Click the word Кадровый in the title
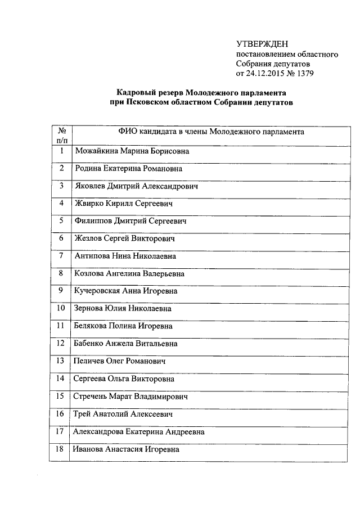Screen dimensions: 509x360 click(135, 92)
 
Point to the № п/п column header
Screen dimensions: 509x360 click(61, 136)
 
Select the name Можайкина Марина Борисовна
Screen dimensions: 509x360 click(132, 151)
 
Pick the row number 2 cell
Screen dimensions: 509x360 click(61, 168)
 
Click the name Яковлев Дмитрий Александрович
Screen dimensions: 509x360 click(136, 186)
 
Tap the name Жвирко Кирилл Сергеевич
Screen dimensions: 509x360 click(123, 204)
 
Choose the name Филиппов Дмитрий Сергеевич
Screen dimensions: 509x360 click(130, 221)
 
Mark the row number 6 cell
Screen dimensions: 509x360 click(61, 238)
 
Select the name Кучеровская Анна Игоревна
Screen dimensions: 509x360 click(126, 291)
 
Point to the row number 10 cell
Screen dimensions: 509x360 click(61, 308)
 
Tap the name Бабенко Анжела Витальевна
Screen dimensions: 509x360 click(126, 343)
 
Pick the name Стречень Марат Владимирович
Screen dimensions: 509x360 click(130, 396)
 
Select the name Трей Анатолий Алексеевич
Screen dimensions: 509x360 click(123, 414)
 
